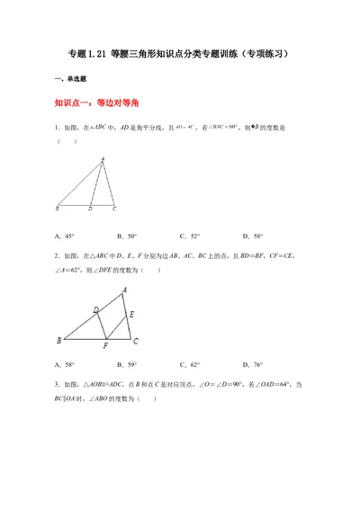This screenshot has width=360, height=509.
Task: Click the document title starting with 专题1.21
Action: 179,53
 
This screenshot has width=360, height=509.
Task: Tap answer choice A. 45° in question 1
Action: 65,237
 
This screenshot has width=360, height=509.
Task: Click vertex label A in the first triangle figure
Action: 103,159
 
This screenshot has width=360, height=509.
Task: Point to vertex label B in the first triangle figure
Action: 58,210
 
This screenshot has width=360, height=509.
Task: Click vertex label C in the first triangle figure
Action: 114,210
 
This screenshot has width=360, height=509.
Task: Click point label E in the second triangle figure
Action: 132,314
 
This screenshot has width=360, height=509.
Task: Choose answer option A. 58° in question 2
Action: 65,365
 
